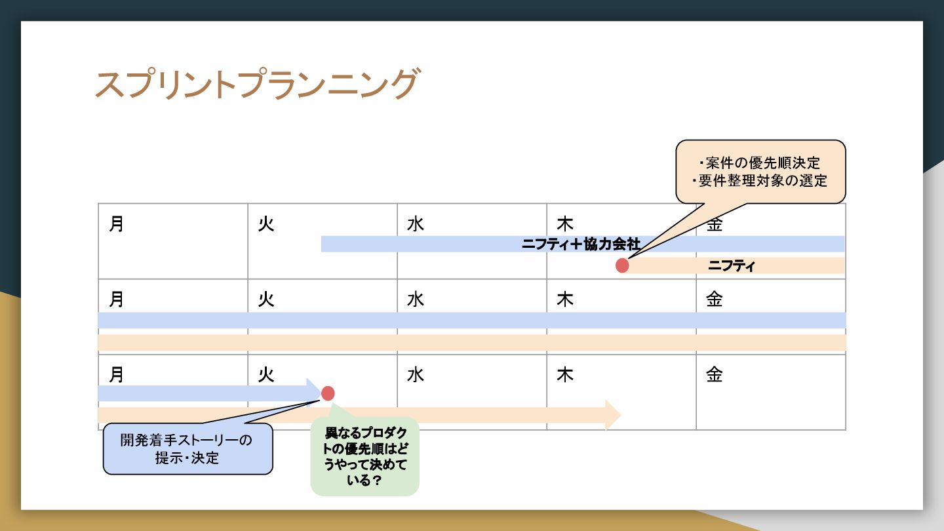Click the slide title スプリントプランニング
(256, 85)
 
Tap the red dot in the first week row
(622, 265)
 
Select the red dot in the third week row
(328, 393)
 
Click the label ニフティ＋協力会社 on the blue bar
(581, 244)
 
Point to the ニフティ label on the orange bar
(732, 265)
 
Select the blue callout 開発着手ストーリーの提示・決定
(187, 448)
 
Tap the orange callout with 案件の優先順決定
(760, 172)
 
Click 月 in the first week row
(117, 225)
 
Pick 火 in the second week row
(266, 300)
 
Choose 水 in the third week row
(416, 375)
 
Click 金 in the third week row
(715, 375)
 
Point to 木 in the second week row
(565, 300)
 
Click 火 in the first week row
(266, 225)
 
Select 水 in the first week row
(416, 225)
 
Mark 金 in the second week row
(715, 300)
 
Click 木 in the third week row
(565, 375)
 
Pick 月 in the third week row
(117, 375)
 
